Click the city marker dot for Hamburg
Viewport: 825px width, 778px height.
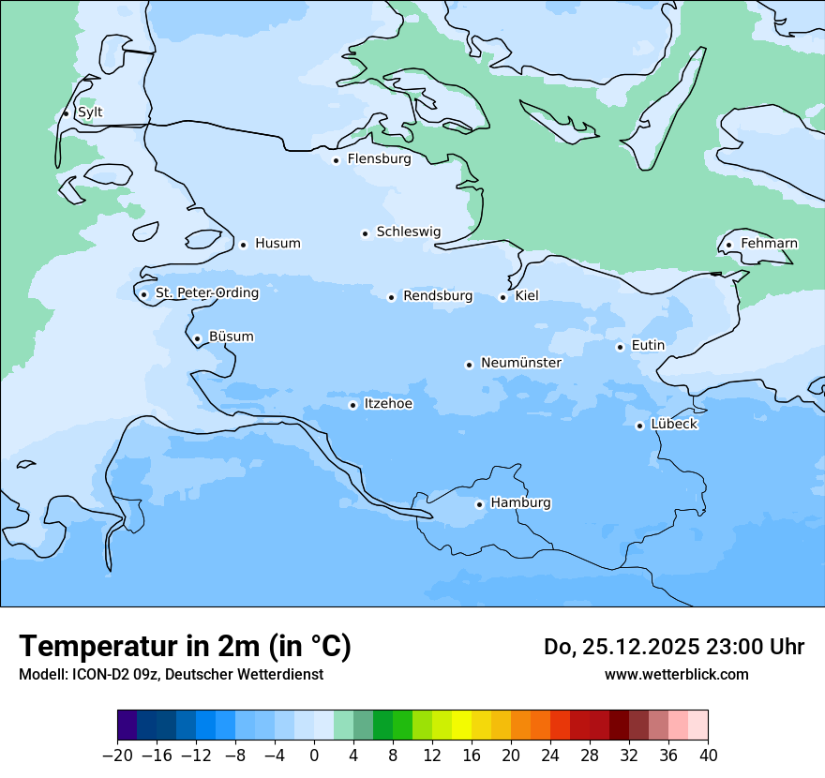click(x=479, y=504)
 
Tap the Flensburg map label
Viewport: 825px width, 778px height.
click(x=379, y=159)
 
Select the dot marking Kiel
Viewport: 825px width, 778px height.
click(x=503, y=297)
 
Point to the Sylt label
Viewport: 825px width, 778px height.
click(x=90, y=112)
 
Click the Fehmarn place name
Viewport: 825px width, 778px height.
click(x=769, y=244)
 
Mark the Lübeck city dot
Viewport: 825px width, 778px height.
click(x=640, y=426)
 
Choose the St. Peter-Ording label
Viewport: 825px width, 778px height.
click(x=206, y=293)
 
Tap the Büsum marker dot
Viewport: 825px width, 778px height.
click(x=197, y=339)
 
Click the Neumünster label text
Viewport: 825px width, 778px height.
click(x=520, y=363)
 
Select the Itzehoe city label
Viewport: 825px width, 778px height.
click(x=388, y=404)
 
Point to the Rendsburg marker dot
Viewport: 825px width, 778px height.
click(x=392, y=297)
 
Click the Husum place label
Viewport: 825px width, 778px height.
click(x=277, y=244)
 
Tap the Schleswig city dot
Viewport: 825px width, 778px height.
click(x=366, y=233)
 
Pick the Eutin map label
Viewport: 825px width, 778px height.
click(x=648, y=346)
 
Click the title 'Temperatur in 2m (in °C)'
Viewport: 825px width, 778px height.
click(x=185, y=647)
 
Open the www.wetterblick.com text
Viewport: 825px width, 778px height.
click(x=676, y=675)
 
